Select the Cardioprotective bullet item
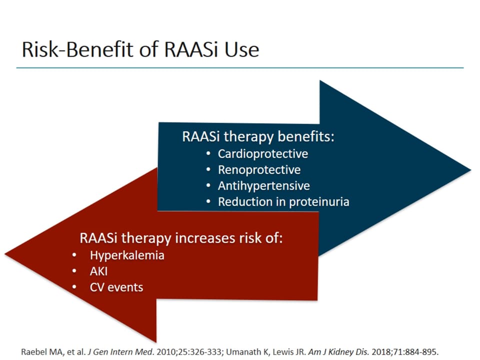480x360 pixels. click(x=262, y=153)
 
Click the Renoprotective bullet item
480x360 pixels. click(x=259, y=169)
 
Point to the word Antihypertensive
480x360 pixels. click(x=263, y=185)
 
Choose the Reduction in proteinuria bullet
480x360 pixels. click(x=283, y=202)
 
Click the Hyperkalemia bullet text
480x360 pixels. click(x=127, y=255)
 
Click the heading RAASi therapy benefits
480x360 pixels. click(x=257, y=137)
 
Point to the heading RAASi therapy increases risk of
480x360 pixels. click(x=181, y=238)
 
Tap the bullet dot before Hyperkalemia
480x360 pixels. click(x=74, y=255)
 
